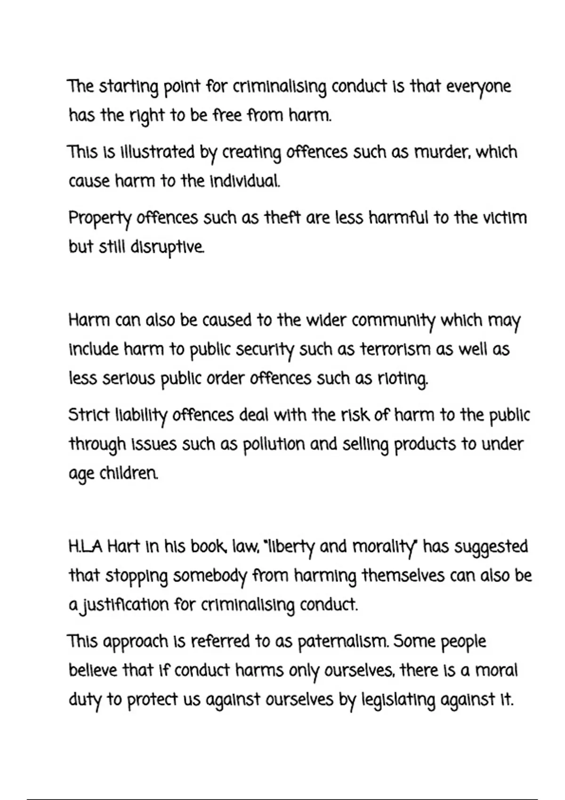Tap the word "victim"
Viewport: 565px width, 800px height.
click(x=506, y=218)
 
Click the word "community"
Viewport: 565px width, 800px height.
click(x=394, y=321)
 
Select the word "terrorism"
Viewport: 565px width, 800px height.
click(x=395, y=350)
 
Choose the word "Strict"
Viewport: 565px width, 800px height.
click(x=89, y=415)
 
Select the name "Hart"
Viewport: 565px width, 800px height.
click(x=123, y=547)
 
